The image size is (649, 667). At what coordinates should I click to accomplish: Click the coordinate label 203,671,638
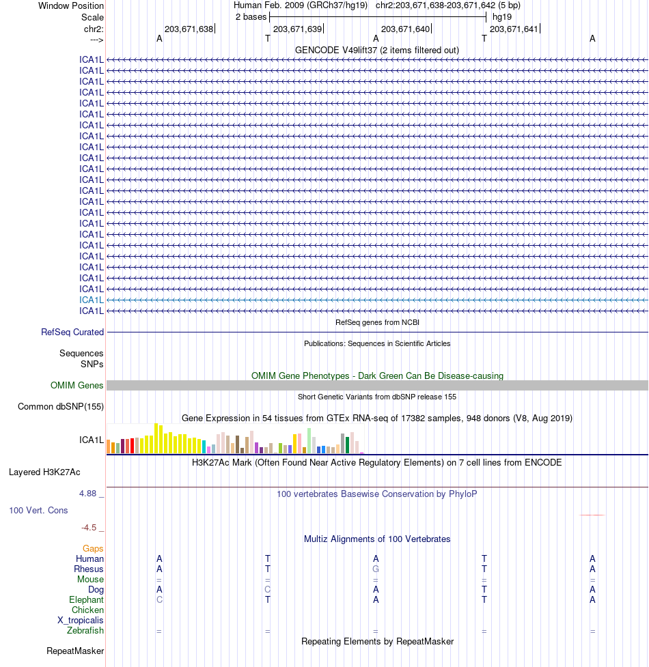[189, 29]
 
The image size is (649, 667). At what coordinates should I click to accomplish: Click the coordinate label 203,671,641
[514, 29]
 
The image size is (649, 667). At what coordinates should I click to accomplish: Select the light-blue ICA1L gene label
[92, 300]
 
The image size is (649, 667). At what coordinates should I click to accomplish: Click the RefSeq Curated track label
[72, 332]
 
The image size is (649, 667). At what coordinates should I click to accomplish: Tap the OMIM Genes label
[77, 386]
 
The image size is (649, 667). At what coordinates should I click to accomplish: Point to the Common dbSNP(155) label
[61, 407]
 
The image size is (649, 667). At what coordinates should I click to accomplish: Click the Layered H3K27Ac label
[44, 472]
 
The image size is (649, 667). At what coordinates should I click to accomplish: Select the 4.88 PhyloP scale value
[89, 493]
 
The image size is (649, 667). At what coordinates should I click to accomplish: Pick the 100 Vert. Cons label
[38, 510]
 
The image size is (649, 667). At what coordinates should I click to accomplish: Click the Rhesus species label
[89, 569]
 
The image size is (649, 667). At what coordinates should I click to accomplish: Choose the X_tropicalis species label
[81, 620]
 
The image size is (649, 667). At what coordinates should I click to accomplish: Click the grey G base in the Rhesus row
[376, 569]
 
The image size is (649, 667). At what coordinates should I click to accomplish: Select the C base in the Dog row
[268, 589]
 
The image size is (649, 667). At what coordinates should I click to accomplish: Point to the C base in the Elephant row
[159, 599]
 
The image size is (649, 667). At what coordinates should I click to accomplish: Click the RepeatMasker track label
[75, 651]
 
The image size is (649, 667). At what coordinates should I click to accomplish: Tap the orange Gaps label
[93, 548]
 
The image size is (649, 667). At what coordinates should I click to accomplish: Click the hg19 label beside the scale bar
[502, 16]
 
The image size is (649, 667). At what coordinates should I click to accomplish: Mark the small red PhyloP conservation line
[592, 515]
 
